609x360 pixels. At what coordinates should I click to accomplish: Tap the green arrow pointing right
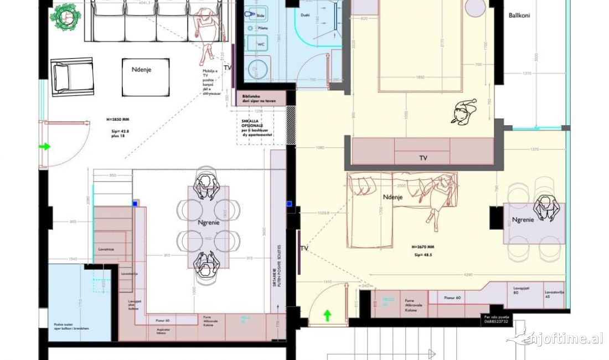pos(44,147)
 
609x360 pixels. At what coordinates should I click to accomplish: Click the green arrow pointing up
pos(327,316)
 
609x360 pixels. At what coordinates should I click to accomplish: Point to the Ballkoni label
pos(519,16)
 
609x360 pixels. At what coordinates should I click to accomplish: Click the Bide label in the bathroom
pos(261,17)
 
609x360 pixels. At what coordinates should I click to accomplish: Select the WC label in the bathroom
pos(260,43)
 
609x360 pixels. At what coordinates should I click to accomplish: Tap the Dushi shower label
pos(305,16)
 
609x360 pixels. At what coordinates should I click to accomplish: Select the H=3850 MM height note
pos(117,119)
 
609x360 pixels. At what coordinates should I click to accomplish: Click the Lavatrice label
pos(106,250)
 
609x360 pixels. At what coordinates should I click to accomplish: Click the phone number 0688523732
pos(494,322)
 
